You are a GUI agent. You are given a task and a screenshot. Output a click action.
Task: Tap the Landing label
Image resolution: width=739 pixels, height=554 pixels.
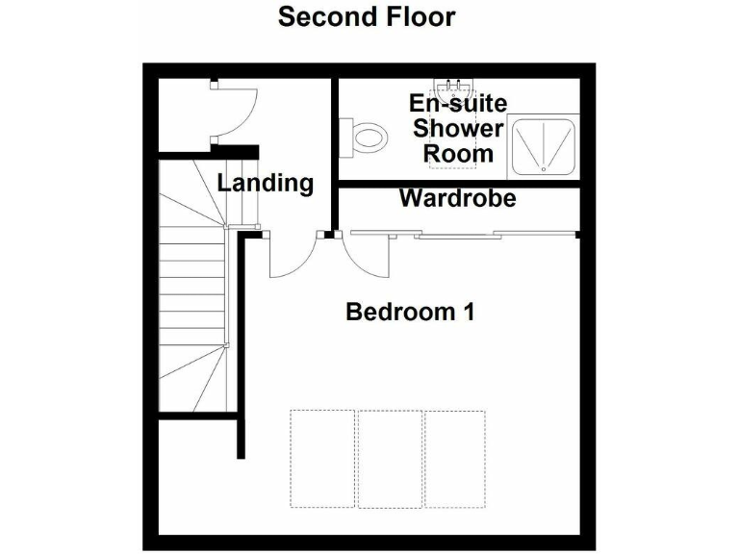pyautogui.click(x=265, y=183)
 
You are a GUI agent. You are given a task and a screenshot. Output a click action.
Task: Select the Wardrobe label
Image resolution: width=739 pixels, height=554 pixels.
pyautogui.click(x=457, y=199)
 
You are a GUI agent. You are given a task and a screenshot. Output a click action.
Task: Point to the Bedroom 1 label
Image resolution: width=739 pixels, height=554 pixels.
pyautogui.click(x=410, y=312)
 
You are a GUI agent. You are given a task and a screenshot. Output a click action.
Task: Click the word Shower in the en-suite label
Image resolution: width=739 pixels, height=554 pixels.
pyautogui.click(x=458, y=129)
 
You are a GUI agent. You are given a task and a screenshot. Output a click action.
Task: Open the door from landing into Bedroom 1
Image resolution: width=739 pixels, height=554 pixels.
pyautogui.click(x=293, y=256)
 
